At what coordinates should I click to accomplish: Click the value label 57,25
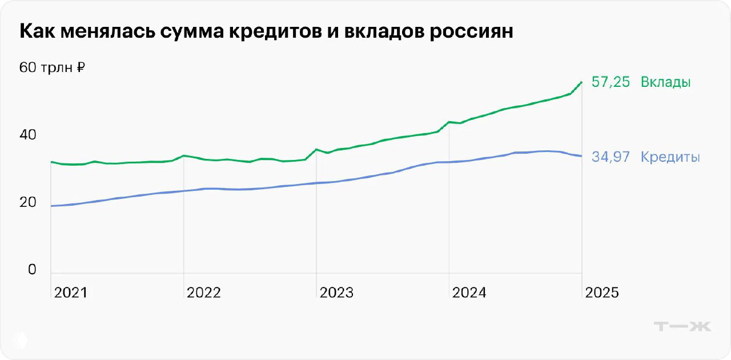(x=610, y=82)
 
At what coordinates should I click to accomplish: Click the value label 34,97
(x=610, y=157)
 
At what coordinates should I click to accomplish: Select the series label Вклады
(x=665, y=82)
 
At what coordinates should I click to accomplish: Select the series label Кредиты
(x=670, y=157)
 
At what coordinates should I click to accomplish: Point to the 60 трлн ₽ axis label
(x=52, y=67)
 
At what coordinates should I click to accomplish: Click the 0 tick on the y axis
(x=32, y=269)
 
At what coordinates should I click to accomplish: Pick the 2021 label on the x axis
(x=71, y=293)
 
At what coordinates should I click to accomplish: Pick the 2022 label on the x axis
(x=203, y=293)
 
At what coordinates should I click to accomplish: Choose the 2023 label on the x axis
(x=336, y=293)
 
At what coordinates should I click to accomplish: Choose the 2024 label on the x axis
(x=469, y=293)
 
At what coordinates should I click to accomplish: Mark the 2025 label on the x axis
(x=601, y=293)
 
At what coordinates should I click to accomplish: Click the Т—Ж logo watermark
(x=682, y=326)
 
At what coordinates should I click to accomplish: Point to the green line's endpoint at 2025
(x=581, y=82)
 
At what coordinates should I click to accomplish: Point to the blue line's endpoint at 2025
(x=581, y=156)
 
